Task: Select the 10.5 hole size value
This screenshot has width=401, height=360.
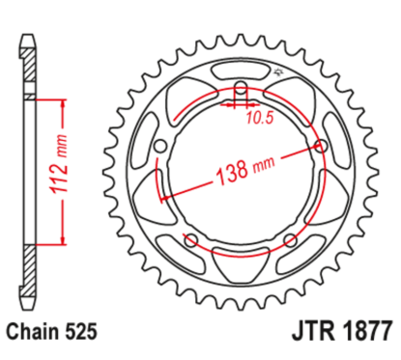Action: pos(256,119)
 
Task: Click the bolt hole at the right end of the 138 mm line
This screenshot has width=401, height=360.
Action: pos(321,148)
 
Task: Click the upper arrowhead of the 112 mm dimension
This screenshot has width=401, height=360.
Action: pos(65,102)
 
